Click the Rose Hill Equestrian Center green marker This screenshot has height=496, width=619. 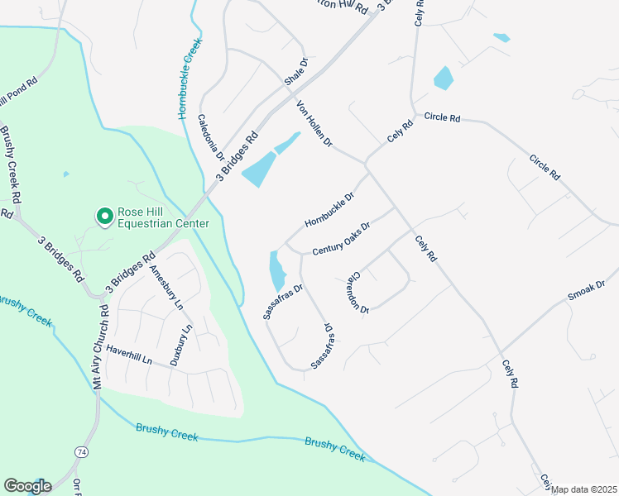coord(105,217)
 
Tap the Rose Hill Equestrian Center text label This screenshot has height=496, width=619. coord(163,217)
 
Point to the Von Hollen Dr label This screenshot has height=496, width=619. coord(314,124)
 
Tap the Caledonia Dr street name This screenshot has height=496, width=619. coord(211,137)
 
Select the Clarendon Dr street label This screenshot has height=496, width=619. coord(358,291)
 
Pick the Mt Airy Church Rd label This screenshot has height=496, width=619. coord(100,348)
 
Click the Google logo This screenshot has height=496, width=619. coord(26,486)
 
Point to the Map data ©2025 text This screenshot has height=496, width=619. coord(584,489)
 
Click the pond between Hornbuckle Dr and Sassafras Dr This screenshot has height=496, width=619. coord(276,267)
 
